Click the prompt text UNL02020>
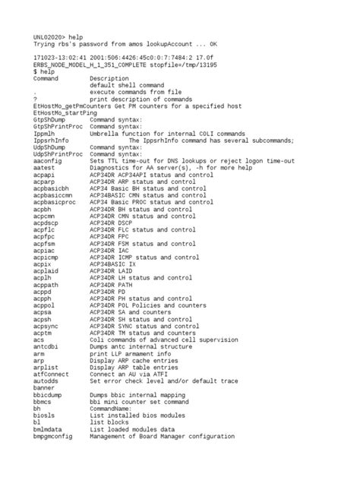[48, 36]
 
